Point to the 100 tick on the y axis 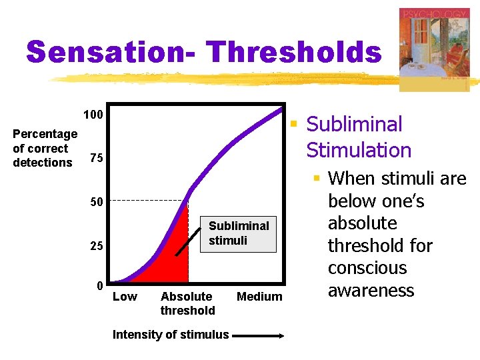pyautogui.click(x=93, y=115)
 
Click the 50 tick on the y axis pyautogui.click(x=97, y=202)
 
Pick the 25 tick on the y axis pyautogui.click(x=97, y=247)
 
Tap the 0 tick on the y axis pyautogui.click(x=99, y=286)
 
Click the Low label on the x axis pyautogui.click(x=125, y=297)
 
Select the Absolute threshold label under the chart pyautogui.click(x=187, y=303)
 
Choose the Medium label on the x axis pyautogui.click(x=259, y=297)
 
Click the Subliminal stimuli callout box pyautogui.click(x=239, y=233)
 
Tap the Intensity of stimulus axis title pyautogui.click(x=171, y=335)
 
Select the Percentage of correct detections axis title pyautogui.click(x=44, y=148)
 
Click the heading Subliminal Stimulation pyautogui.click(x=359, y=137)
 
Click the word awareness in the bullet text pyautogui.click(x=371, y=291)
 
